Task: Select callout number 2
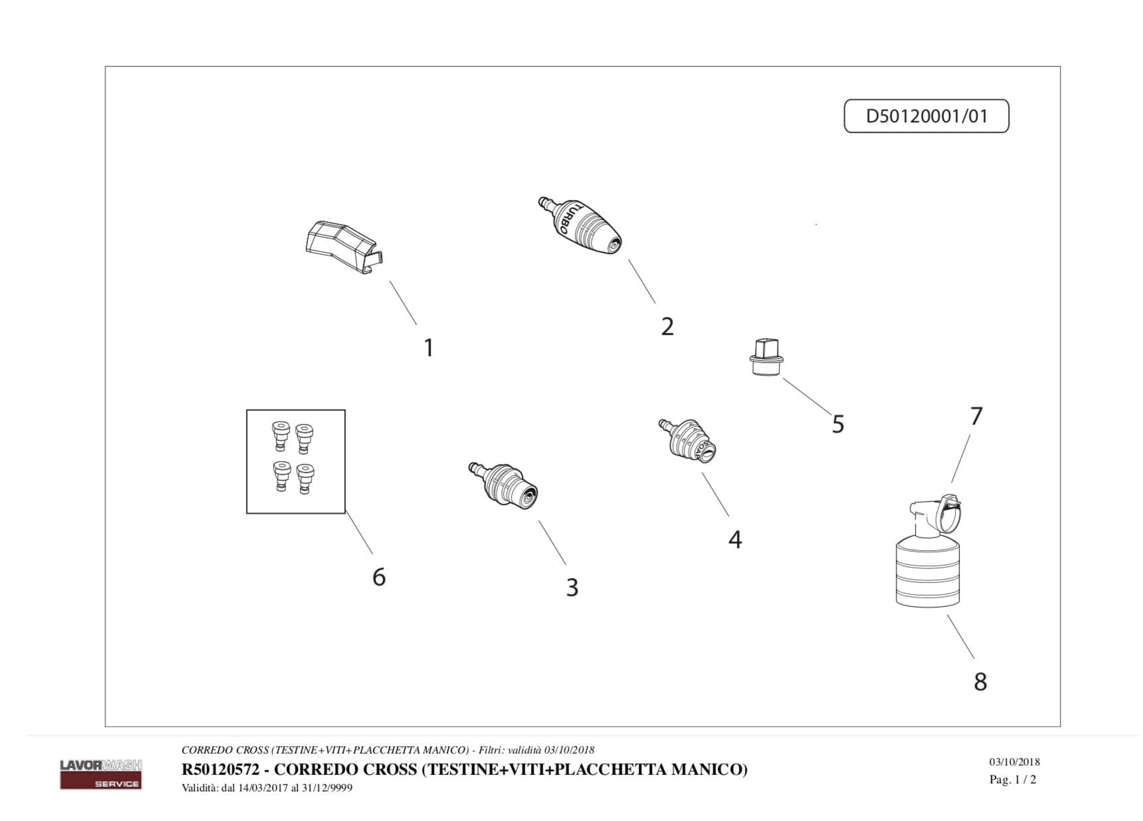point(667,327)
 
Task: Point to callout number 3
point(572,587)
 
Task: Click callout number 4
point(735,540)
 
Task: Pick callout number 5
point(838,424)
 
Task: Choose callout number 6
point(379,576)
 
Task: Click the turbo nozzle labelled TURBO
point(579,225)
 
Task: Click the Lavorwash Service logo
point(101,774)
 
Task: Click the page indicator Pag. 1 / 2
point(1013,780)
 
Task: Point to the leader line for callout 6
point(359,532)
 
